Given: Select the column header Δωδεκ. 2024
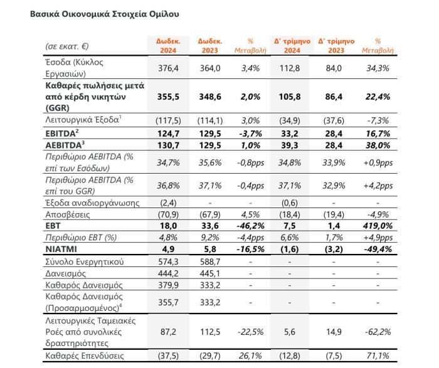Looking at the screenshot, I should tap(168, 46).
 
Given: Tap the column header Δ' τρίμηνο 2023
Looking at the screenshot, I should tap(336, 46).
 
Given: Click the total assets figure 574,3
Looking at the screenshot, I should tap(168, 260).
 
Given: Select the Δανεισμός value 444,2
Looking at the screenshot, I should tap(168, 271).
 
